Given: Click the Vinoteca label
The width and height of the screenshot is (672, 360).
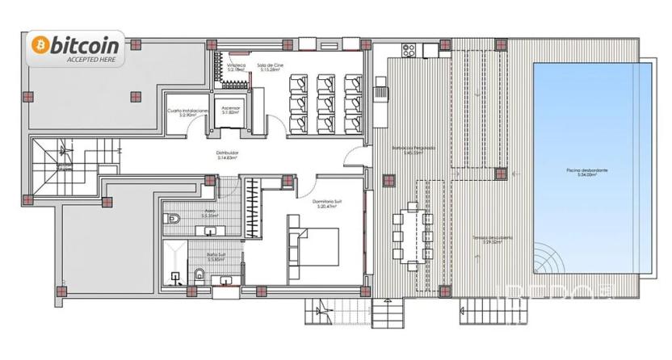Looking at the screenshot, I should tap(236, 68).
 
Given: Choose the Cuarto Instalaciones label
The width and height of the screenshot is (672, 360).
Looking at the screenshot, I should tap(189, 112).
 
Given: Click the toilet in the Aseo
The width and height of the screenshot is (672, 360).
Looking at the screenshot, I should tap(174, 217).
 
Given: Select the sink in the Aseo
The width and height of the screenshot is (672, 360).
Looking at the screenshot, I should tap(211, 231).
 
